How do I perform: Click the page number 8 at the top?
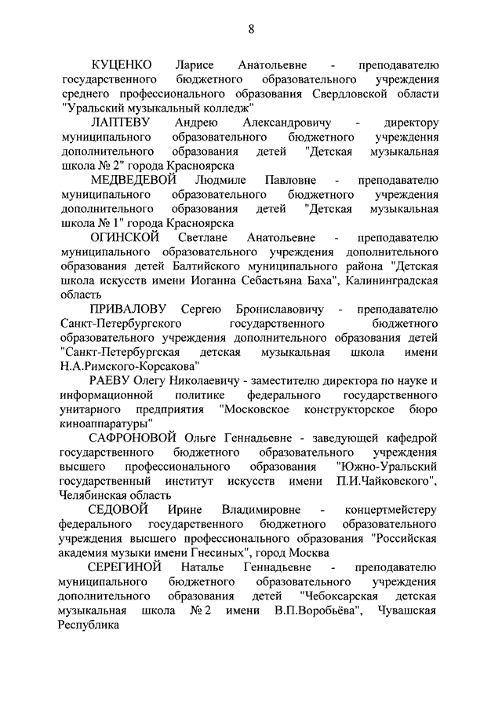click(251, 30)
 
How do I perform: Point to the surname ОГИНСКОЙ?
click(125, 236)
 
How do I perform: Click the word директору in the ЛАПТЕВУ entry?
click(410, 123)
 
